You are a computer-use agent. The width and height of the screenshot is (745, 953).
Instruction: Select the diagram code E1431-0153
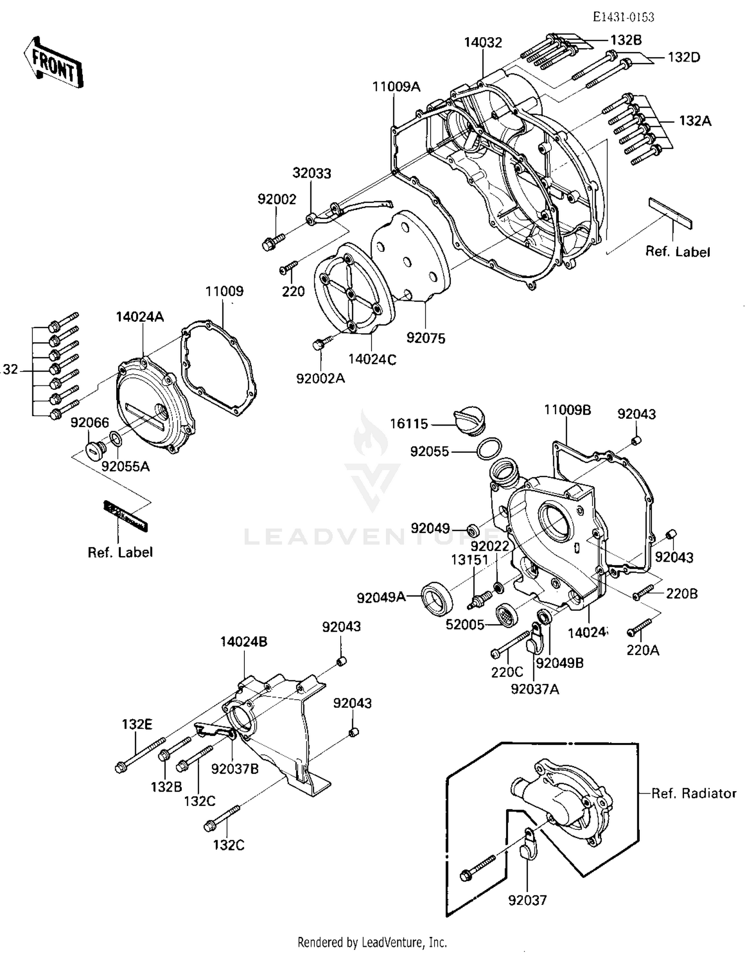[623, 17]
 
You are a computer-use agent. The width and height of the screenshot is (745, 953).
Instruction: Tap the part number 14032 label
[483, 43]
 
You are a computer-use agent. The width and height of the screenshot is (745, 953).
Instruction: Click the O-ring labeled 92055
[488, 449]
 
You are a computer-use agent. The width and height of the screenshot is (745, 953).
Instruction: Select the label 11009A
[396, 87]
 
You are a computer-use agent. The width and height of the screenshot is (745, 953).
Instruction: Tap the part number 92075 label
[426, 338]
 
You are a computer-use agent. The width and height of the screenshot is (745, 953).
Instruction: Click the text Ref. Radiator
[693, 793]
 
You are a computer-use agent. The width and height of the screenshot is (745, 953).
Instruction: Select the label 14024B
[243, 642]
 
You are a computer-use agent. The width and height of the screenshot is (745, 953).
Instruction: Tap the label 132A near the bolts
[695, 121]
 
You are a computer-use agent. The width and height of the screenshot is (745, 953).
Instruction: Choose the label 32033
[311, 173]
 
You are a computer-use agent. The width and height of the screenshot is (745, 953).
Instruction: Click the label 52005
[464, 625]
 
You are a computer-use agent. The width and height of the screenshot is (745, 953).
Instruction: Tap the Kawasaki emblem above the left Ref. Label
[125, 516]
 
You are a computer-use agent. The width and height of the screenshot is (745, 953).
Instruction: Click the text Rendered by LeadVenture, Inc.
[372, 942]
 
